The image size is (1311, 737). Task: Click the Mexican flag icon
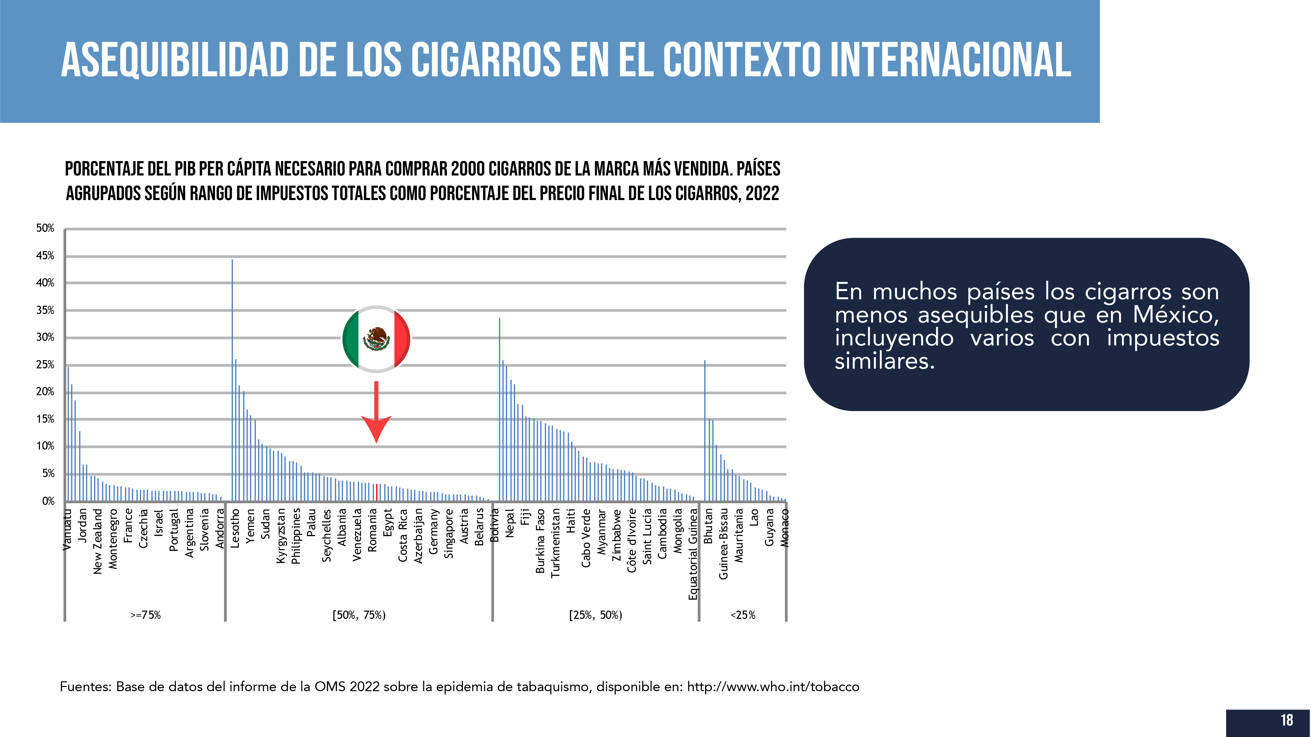tap(376, 339)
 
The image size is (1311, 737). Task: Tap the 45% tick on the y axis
tap(45, 256)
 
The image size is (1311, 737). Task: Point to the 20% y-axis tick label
tap(45, 392)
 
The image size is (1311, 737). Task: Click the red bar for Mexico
tap(376, 492)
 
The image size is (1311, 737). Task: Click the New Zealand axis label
tap(98, 541)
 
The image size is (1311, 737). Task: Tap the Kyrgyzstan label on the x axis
tap(281, 536)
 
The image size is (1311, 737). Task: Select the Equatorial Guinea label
tap(693, 554)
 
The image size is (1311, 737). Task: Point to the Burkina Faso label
tap(540, 541)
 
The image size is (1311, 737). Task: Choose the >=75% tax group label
tap(145, 615)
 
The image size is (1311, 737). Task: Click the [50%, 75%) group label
tap(359, 615)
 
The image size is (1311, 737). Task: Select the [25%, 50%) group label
tap(595, 615)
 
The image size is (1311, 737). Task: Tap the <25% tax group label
tap(743, 615)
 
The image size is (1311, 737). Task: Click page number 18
tap(1286, 720)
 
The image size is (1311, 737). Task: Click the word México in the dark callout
tap(1176, 315)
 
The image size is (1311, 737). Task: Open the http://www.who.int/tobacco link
tap(773, 687)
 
